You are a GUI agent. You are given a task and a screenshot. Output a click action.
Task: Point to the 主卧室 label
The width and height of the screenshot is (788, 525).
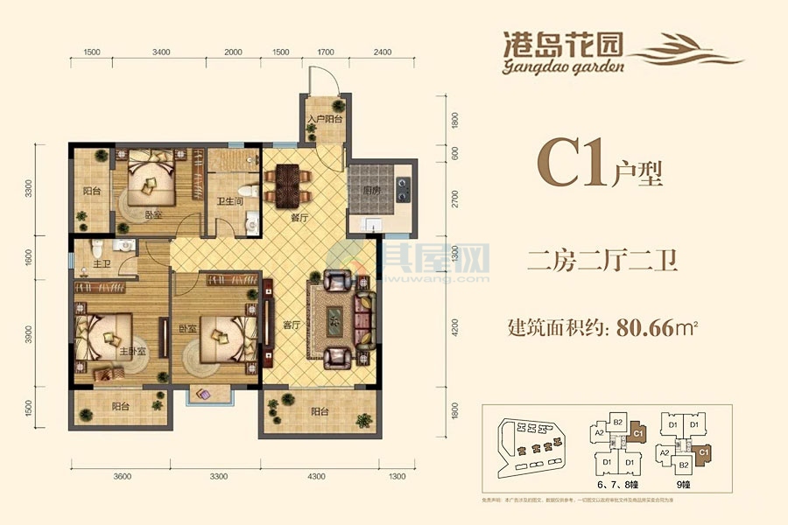(x=132, y=351)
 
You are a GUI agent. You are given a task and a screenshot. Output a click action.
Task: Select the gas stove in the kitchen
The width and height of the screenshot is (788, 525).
(x=404, y=185)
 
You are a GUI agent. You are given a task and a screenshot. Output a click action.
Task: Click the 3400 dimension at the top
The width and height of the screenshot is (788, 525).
(x=160, y=52)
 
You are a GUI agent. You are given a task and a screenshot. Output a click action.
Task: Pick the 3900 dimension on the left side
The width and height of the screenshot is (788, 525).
(x=29, y=336)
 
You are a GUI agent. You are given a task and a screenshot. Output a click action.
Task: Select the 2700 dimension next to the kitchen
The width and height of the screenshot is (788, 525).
(x=454, y=198)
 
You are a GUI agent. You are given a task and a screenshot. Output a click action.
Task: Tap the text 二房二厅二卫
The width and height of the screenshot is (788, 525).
(x=605, y=258)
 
